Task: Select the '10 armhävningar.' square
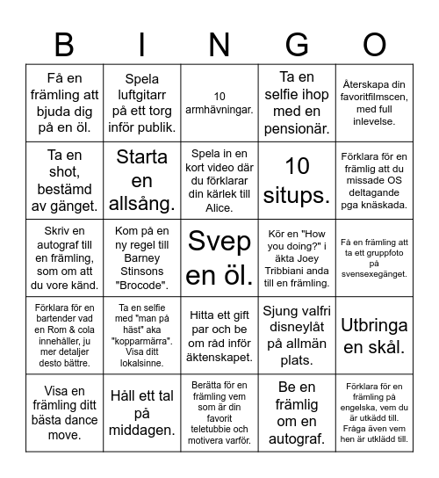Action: [219, 103]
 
